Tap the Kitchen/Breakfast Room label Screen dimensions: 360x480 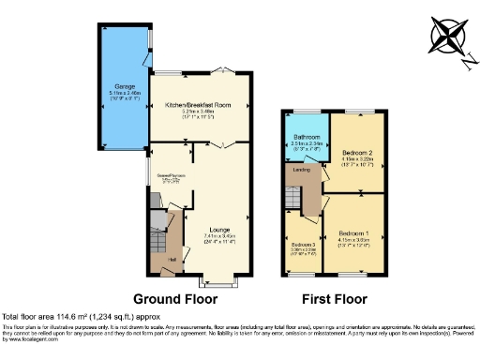(x=197, y=105)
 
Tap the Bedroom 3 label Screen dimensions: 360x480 (x=301, y=245)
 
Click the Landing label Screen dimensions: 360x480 (x=301, y=170)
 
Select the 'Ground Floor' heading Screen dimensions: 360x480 (x=174, y=299)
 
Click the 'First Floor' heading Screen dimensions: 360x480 (x=334, y=299)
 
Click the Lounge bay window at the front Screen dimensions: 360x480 (x=222, y=281)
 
